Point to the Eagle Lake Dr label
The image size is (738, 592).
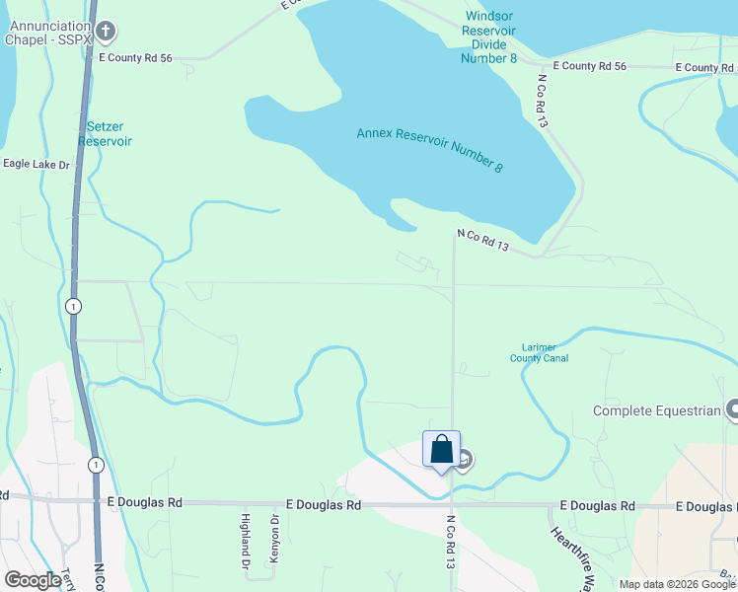click(x=37, y=165)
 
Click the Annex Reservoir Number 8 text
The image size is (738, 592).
click(x=430, y=150)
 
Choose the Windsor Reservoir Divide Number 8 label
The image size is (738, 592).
click(x=489, y=37)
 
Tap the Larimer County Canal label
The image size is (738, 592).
click(x=540, y=352)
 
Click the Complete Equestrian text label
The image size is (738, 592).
click(x=655, y=409)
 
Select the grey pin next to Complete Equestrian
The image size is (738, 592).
click(x=732, y=408)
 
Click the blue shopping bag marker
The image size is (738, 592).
click(x=442, y=449)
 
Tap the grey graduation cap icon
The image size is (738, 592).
click(x=464, y=459)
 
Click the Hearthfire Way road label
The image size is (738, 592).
click(x=569, y=555)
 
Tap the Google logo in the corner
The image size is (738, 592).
click(x=32, y=580)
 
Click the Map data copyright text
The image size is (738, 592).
click(x=677, y=584)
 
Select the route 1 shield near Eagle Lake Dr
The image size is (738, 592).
click(x=73, y=307)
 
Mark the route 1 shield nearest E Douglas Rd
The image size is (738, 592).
click(x=95, y=464)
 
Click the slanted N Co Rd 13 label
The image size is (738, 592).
click(x=482, y=241)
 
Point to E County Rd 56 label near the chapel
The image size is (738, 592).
click(x=136, y=59)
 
